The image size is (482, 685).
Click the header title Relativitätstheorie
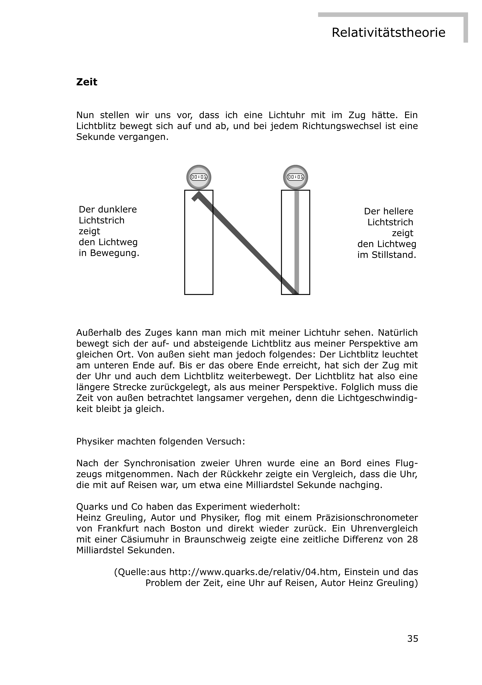pyautogui.click(x=388, y=33)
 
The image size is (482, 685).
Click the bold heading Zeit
pyautogui.click(x=87, y=82)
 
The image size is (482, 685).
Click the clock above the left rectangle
pyautogui.click(x=199, y=177)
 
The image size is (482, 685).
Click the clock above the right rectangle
pyautogui.click(x=296, y=177)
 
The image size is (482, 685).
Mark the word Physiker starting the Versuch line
pyautogui.click(x=95, y=442)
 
